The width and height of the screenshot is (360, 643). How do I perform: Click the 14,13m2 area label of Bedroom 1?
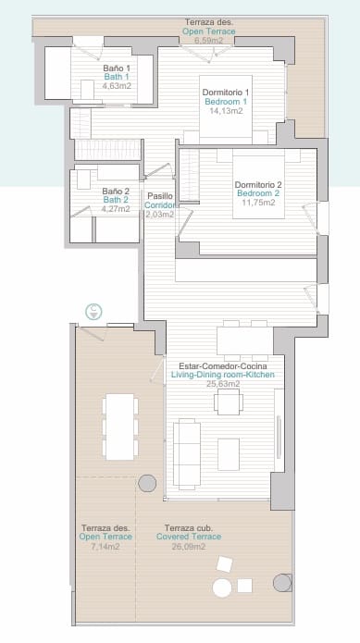tap(226, 111)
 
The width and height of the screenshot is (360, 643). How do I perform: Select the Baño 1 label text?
tap(116, 68)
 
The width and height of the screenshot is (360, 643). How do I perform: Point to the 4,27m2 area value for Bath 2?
tap(116, 209)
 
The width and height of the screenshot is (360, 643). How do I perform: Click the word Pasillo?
tap(159, 195)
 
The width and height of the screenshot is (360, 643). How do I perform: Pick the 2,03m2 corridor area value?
tap(159, 214)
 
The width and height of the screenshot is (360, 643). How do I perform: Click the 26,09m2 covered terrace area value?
tap(191, 546)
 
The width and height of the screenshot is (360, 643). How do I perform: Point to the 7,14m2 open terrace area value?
tap(105, 546)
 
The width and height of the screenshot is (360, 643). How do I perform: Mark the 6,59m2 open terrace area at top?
tap(209, 41)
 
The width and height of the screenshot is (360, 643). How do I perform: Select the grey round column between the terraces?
tap(147, 483)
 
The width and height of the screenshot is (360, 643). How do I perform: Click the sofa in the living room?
tap(188, 453)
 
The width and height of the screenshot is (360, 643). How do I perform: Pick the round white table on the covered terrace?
tap(222, 587)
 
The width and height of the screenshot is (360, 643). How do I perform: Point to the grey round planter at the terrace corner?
tap(282, 583)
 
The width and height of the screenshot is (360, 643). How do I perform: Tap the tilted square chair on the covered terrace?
tap(225, 564)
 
